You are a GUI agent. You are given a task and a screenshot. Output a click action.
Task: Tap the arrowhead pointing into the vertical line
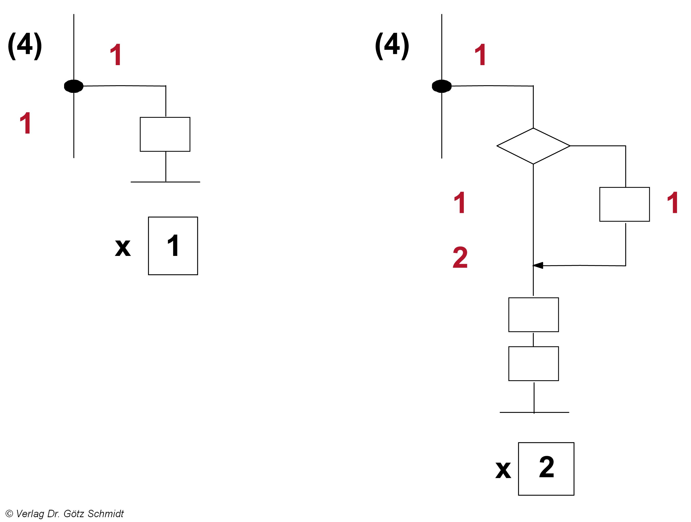pos(538,265)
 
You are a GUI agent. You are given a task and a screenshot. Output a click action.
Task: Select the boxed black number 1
pos(173,245)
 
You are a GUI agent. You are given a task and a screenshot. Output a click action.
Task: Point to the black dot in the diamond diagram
pos(442,86)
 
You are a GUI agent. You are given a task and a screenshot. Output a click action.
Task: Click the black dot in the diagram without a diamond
pos(73,86)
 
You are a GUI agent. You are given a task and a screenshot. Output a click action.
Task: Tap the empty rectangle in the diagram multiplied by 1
pos(165,134)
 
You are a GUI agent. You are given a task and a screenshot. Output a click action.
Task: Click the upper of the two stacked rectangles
pos(533,315)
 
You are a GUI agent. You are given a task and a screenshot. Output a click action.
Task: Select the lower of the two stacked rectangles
pos(533,364)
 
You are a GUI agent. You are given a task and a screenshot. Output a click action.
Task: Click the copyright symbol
pos(9,514)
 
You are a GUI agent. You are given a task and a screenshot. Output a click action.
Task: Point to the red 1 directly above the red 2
pos(460,203)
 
